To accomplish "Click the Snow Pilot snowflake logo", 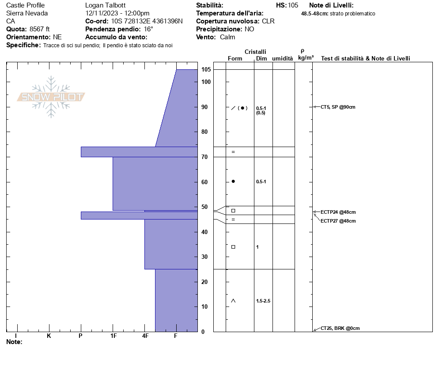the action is (51, 97).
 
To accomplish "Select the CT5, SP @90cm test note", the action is (338, 107).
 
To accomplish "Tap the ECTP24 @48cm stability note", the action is (338, 212).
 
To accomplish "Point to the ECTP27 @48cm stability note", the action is (338, 221).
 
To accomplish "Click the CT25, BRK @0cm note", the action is (340, 328).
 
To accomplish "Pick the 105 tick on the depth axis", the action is (206, 69).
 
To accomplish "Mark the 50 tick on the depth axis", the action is (204, 207).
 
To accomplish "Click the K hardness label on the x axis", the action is (49, 336).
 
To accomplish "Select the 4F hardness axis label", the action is (145, 336).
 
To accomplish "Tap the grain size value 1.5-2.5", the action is (263, 301).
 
